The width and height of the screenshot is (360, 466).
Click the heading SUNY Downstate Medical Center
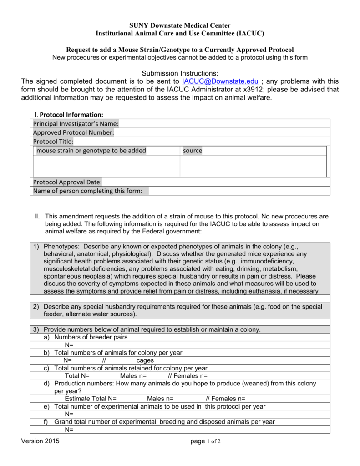coord(179,25)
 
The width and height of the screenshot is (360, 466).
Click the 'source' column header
coord(193,151)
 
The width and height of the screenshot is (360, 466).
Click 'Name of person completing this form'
coord(88,191)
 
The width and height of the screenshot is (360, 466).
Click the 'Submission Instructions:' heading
coord(180,73)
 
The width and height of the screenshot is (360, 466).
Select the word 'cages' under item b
coord(145,360)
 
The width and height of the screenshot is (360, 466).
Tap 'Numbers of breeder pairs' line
coord(91,337)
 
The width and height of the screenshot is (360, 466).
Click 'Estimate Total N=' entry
coord(91,399)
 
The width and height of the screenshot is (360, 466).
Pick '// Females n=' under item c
coord(188,375)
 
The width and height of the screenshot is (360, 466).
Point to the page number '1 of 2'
coord(214,441)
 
